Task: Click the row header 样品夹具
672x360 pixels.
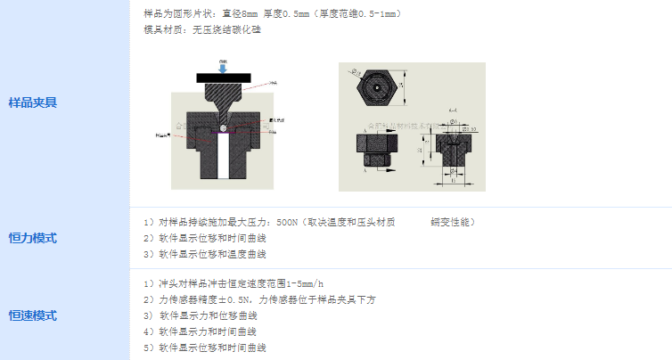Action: point(32,102)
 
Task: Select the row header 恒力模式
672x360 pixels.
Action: point(32,238)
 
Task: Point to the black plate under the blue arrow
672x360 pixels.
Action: point(222,77)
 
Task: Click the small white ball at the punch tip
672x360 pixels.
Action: point(222,127)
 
